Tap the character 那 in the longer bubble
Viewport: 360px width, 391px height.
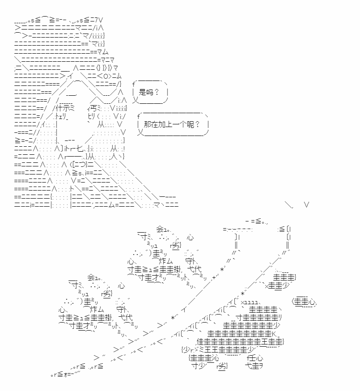coord(148,124)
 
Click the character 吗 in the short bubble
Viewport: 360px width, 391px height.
coord(149,92)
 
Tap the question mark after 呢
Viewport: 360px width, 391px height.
coord(197,124)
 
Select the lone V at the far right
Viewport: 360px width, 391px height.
coord(306,205)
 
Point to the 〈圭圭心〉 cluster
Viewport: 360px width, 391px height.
coord(304,302)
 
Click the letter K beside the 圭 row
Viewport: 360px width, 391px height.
coord(274,334)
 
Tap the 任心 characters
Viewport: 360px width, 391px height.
coord(255,358)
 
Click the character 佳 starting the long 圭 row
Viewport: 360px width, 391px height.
coord(201,341)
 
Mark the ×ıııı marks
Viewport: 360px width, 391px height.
coord(250,302)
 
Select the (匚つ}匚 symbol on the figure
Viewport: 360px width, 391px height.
coord(82,165)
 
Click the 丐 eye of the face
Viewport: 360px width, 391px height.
coord(93,108)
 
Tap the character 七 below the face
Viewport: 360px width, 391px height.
coord(80,149)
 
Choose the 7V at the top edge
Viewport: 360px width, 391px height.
coord(98,20)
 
